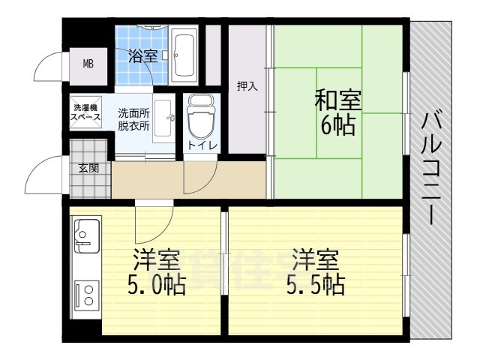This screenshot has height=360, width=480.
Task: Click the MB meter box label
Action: pos(88,64)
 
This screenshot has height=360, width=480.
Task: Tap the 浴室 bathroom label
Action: pos(142,56)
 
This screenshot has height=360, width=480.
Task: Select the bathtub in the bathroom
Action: pos(183,55)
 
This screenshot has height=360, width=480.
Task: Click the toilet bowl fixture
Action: pos(201,117)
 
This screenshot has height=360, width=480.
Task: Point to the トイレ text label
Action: pos(202,145)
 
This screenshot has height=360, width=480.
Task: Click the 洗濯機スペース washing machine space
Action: pos(85,112)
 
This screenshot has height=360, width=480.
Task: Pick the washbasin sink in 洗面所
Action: pos(163,118)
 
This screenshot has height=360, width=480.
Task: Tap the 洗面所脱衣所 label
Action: pos(134,120)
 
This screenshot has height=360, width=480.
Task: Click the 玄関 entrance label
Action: pos(88,168)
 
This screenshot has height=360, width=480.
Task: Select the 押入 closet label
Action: pos(247,87)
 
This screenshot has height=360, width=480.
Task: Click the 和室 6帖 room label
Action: pos(338,112)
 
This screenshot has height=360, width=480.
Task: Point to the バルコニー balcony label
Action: pos(431,168)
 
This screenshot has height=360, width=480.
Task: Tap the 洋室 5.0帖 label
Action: pos(157,271)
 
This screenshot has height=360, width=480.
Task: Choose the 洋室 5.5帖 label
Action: pos(316,271)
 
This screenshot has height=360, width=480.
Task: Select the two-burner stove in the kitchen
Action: pos(87,295)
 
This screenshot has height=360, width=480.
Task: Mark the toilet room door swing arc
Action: pos(208,183)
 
